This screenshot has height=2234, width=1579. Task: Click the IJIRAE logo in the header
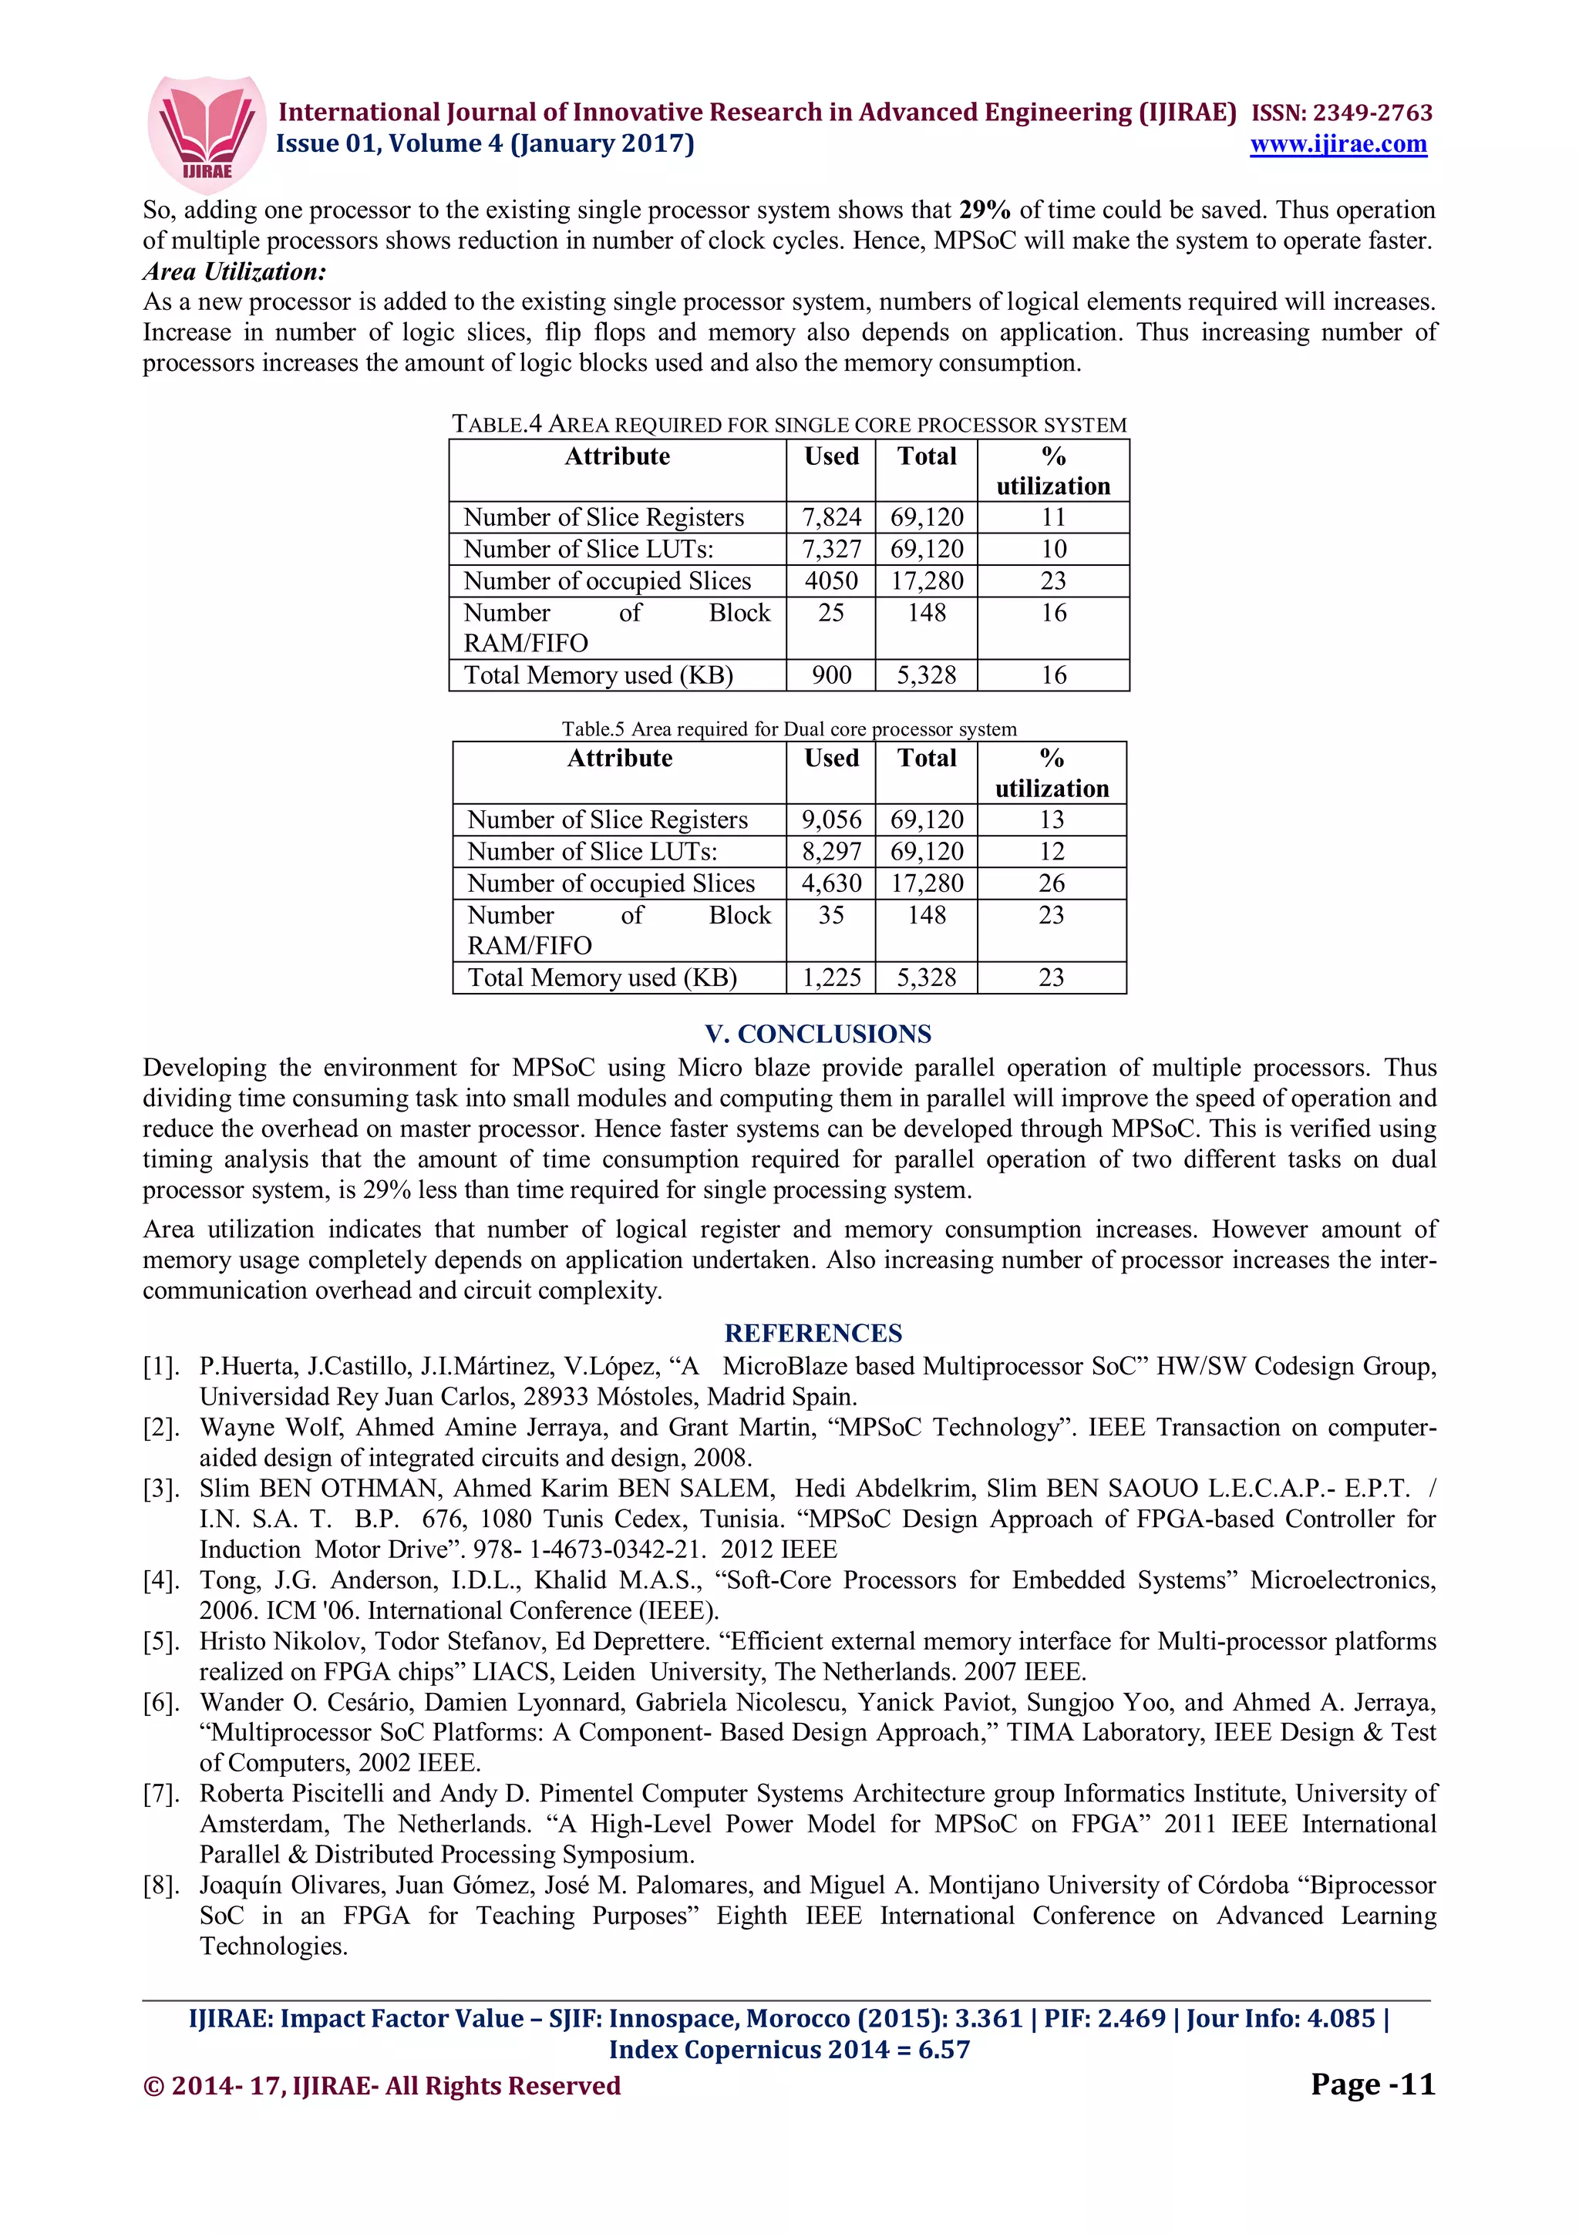(x=205, y=133)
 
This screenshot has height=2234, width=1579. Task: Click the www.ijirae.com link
(x=1338, y=144)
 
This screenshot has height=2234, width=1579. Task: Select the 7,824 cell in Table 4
(x=831, y=517)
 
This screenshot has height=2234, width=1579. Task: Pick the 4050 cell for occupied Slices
(x=831, y=581)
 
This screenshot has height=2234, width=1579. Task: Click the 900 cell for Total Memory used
(x=831, y=675)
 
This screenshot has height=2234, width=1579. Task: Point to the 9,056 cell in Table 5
(x=831, y=820)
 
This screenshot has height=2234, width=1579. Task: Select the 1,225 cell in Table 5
(x=831, y=978)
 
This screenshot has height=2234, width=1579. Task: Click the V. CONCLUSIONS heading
(x=817, y=1035)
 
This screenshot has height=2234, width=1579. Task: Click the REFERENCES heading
(x=813, y=1333)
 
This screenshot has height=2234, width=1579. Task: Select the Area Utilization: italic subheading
(x=234, y=272)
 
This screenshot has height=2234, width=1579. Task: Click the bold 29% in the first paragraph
(x=984, y=210)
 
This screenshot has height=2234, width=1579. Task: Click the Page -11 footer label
(x=1372, y=2084)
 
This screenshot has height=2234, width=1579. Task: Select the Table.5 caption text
(x=788, y=728)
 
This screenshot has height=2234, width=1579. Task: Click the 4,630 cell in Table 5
(x=831, y=883)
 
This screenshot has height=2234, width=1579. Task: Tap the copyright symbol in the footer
(x=153, y=2086)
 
